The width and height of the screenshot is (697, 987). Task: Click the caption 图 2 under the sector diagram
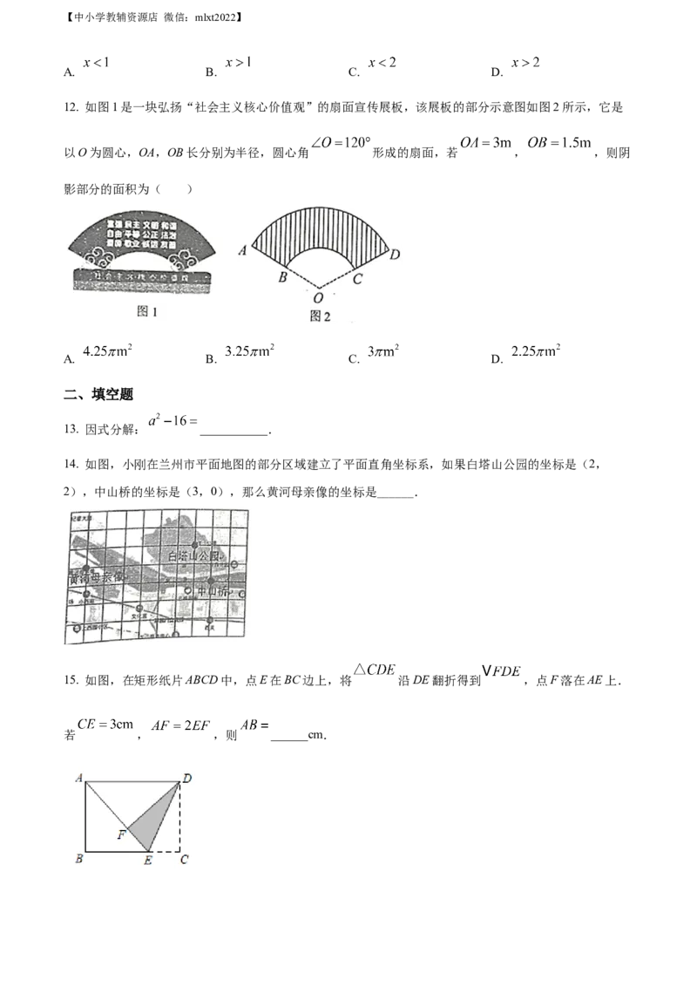[320, 316]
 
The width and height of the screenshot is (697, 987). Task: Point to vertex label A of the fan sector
[243, 250]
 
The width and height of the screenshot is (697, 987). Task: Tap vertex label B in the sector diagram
[281, 278]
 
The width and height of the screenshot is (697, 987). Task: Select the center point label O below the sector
[320, 296]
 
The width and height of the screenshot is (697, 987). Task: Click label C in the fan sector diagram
[357, 279]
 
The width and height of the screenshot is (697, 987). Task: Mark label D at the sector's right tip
[394, 254]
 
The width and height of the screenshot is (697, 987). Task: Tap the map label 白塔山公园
[196, 555]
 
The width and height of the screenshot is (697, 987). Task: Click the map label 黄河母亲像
[97, 576]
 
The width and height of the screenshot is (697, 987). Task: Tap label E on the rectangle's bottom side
[148, 861]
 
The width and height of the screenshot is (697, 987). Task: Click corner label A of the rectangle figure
[78, 777]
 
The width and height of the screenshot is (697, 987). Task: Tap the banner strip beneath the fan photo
[142, 279]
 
